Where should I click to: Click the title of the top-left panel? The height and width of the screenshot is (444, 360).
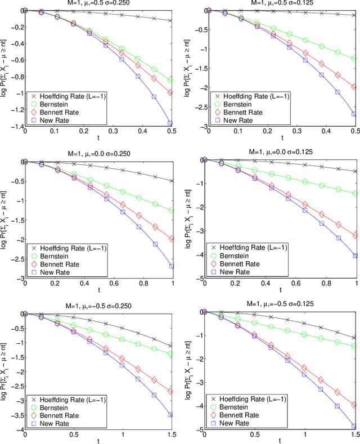pyautogui.click(x=96, y=4)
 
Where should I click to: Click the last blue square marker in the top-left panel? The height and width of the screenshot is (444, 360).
pyautogui.click(x=170, y=123)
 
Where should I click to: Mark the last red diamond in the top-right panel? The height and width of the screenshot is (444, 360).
pyautogui.click(x=354, y=87)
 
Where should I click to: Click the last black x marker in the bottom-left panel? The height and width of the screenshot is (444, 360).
pyautogui.click(x=170, y=346)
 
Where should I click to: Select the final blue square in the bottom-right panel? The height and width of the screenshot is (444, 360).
pyautogui.click(x=354, y=426)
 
